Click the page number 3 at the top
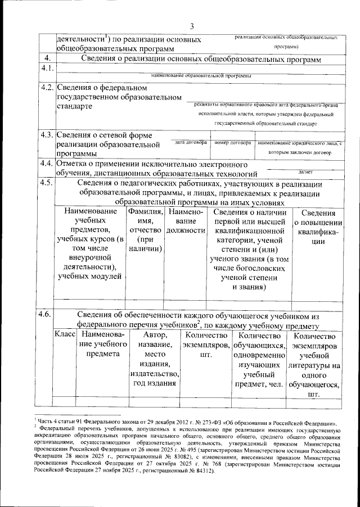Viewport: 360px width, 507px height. point(192,25)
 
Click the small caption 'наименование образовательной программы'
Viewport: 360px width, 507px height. point(201,75)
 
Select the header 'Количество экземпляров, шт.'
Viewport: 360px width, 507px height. point(206,340)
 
